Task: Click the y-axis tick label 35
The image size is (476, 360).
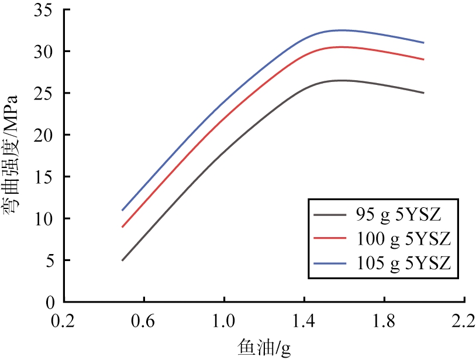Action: click(45, 10)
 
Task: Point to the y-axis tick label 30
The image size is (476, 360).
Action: click(45, 52)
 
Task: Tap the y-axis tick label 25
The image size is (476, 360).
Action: click(45, 93)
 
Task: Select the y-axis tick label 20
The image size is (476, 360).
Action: click(45, 135)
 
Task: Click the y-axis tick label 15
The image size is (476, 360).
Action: click(45, 177)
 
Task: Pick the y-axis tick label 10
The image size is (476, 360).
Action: click(45, 219)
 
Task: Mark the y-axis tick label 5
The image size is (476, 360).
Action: click(50, 260)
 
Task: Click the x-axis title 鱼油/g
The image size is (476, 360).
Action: click(263, 348)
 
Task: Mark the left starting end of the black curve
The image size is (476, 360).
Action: click(122, 260)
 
